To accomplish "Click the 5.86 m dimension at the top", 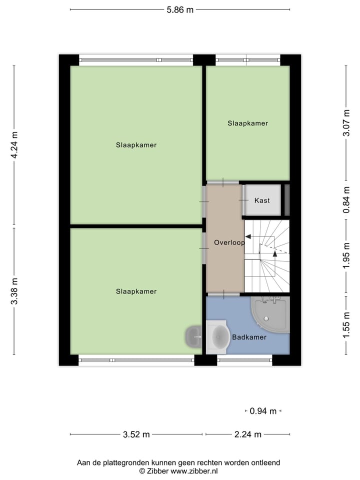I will (x=180, y=9).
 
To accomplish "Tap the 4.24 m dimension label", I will (x=14, y=145).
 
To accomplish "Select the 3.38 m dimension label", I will (x=14, y=291).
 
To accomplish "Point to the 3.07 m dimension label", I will (x=345, y=123).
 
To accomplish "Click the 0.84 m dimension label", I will (x=345, y=200).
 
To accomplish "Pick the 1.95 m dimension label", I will (x=345, y=256).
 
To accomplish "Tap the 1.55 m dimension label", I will (x=345, y=325).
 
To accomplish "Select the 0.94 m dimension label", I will (x=263, y=411).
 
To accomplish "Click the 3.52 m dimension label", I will (x=136, y=434).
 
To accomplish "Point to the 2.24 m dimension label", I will (x=248, y=434).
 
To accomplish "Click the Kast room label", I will (x=262, y=200).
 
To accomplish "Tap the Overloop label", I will (x=229, y=242).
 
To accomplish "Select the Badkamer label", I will (x=249, y=337).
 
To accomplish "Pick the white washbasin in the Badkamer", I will (x=218, y=337).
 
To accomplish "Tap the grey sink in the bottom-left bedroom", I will (x=193, y=337).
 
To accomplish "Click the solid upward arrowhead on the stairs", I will (x=274, y=253).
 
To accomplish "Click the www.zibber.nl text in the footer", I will (x=194, y=471).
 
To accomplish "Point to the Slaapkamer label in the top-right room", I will (x=247, y=123).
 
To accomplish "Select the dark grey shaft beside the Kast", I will (x=287, y=200).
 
